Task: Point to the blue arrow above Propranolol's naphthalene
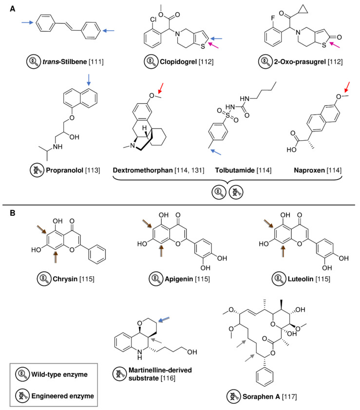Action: tap(89, 79)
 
